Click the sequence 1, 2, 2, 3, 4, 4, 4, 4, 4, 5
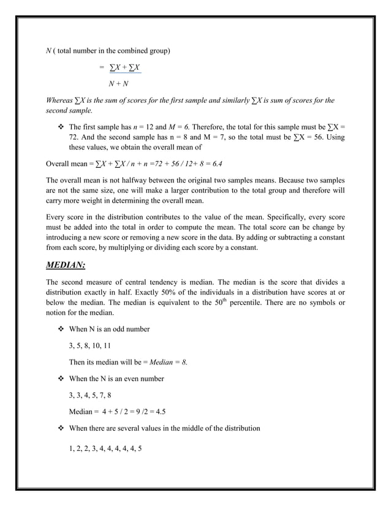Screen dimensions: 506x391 click(x=105, y=445)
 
